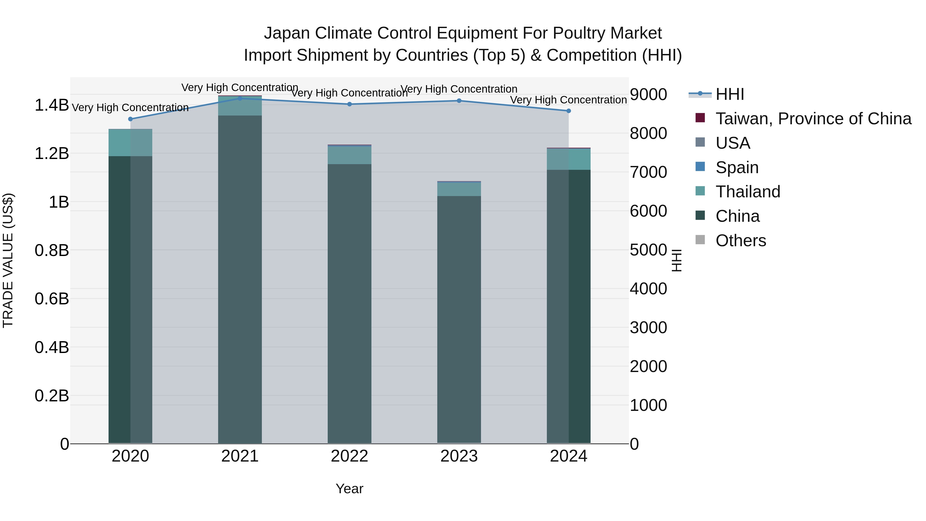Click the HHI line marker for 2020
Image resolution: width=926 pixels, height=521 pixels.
pos(130,119)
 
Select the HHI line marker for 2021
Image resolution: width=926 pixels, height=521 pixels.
pos(240,98)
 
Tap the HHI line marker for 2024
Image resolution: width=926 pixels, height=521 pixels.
pos(569,111)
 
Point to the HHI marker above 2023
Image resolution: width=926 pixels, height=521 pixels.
pos(459,101)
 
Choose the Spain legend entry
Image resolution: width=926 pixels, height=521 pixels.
pos(737,167)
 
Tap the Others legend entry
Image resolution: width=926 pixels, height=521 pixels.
pos(741,241)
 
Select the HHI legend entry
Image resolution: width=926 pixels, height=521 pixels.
pos(730,94)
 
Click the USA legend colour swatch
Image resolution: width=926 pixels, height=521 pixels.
pos(700,142)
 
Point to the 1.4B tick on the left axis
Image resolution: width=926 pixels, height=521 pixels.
pos(52,105)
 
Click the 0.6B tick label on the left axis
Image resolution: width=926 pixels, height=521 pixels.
pos(52,299)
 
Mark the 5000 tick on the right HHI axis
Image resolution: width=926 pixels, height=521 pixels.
pos(648,250)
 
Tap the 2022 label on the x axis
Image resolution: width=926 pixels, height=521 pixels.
pos(349,456)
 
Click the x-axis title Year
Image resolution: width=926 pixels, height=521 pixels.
pos(349,489)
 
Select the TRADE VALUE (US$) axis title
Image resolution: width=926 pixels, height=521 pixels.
pos(8,260)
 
